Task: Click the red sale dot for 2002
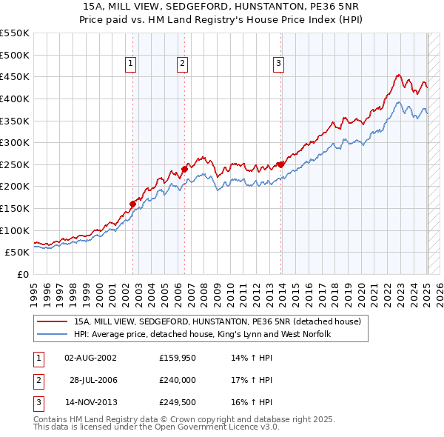coord(133,204)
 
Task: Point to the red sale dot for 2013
coord(280,164)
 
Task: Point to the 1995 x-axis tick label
coord(34,292)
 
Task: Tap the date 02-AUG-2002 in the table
coord(90,358)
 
